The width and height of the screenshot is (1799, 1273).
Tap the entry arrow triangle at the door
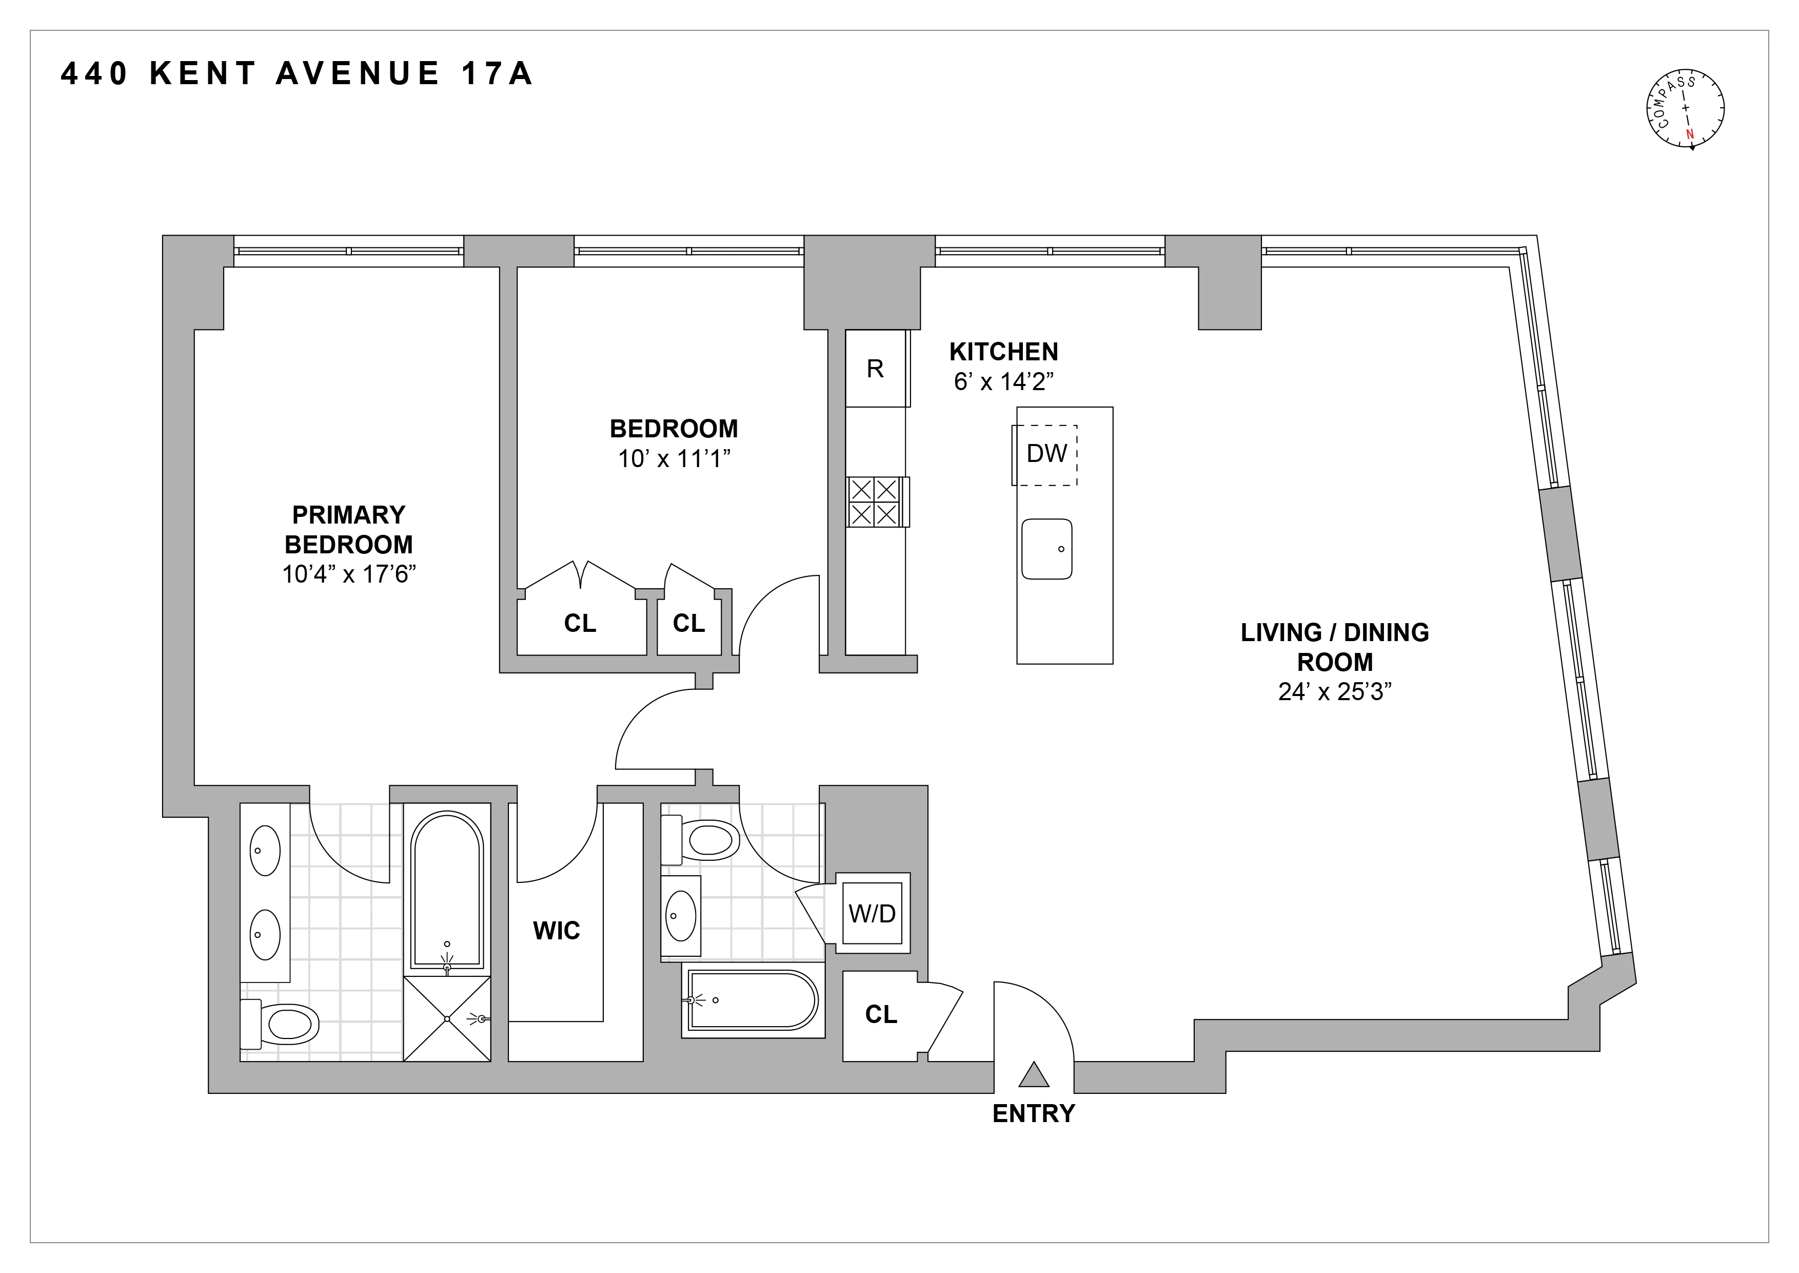pos(1034,1075)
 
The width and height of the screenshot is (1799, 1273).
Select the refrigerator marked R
pos(875,369)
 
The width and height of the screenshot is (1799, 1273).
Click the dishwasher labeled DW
pos(1046,454)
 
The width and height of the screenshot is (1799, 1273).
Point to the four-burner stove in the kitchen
pos(875,502)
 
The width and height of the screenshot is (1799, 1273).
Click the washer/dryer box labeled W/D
pos(872,913)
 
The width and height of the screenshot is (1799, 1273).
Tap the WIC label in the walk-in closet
pos(556,931)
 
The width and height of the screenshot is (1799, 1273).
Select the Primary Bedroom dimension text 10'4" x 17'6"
pos(349,574)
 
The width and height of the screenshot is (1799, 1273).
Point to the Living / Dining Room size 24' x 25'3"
pos(1334,691)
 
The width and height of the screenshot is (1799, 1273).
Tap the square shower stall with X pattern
pos(447,1018)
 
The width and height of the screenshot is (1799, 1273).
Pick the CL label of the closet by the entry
pos(881,1014)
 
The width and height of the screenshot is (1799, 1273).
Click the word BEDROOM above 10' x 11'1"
pos(674,429)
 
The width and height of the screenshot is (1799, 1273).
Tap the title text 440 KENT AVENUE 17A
pos(296,74)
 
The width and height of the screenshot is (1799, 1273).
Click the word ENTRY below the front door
pos(1034,1113)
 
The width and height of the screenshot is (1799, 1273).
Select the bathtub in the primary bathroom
pos(447,890)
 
